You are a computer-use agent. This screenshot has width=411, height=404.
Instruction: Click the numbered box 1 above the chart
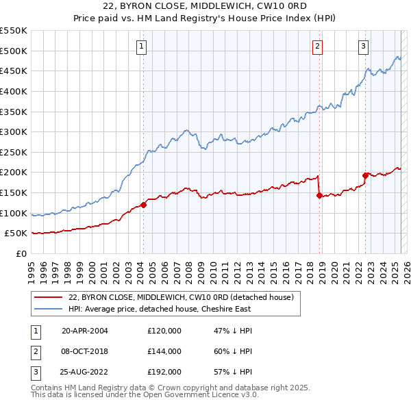point(140,47)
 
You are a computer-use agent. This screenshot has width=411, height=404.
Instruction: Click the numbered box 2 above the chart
point(318,47)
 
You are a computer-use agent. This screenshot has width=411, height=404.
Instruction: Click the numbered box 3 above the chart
point(363,47)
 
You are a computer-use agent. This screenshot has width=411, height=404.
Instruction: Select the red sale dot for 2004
point(144,205)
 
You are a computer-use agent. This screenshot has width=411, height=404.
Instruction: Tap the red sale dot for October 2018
point(320,195)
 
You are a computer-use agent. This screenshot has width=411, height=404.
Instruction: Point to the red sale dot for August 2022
point(366,175)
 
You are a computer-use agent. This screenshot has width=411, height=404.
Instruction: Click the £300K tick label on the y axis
point(14,131)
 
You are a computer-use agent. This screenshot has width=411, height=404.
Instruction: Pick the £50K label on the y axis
point(16,233)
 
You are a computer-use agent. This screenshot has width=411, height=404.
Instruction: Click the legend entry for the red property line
point(181,297)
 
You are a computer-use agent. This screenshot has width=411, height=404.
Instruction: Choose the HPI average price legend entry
point(160,309)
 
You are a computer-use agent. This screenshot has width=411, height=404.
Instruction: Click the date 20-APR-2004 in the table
point(85,330)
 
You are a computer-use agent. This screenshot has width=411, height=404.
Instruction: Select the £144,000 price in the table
point(164,351)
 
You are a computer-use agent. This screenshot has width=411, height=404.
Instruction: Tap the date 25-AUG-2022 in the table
point(85,373)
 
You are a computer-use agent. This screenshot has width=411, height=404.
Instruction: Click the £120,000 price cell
point(164,330)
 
